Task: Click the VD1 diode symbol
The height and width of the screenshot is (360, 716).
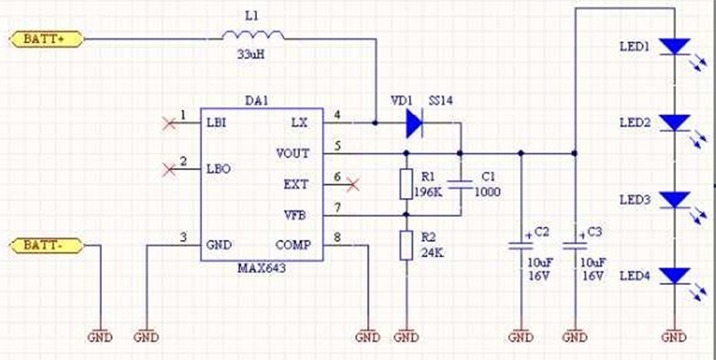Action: pos(413,123)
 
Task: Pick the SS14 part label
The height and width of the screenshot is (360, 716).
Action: pos(440,101)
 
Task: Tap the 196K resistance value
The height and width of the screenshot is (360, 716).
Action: pos(429,192)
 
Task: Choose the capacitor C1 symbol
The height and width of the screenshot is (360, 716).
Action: pos(460,184)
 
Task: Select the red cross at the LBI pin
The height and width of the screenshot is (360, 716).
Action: pos(166,123)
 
